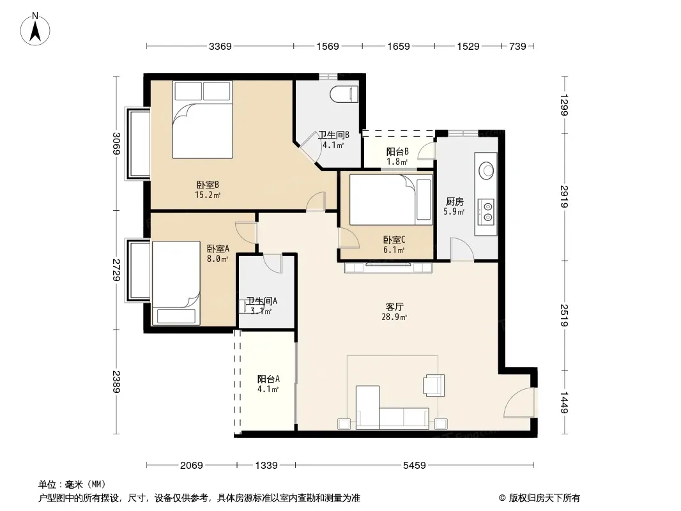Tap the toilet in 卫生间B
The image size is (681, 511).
pos(344,94)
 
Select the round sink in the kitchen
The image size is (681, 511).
pos(486,170)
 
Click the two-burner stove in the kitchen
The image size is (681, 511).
pos(486,211)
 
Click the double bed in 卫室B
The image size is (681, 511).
pos(203,119)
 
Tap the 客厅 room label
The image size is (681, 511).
pos(394,307)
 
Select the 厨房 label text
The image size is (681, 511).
pos(455,201)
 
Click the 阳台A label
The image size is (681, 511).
pos(268,379)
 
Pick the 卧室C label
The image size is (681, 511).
pos(394,240)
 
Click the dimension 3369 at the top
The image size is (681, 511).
pos(220,46)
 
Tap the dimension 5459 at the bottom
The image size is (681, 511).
pos(415,466)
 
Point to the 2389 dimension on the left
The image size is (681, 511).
pos(116,381)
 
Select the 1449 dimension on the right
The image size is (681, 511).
pos(563,402)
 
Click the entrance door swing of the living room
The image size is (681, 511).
pos(518,402)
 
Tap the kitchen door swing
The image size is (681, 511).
pos(462,249)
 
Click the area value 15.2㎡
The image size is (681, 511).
pos(208,195)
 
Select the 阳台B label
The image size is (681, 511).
pos(397,151)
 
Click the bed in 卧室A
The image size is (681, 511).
pos(176,283)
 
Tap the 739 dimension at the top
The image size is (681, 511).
pos(517,46)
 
